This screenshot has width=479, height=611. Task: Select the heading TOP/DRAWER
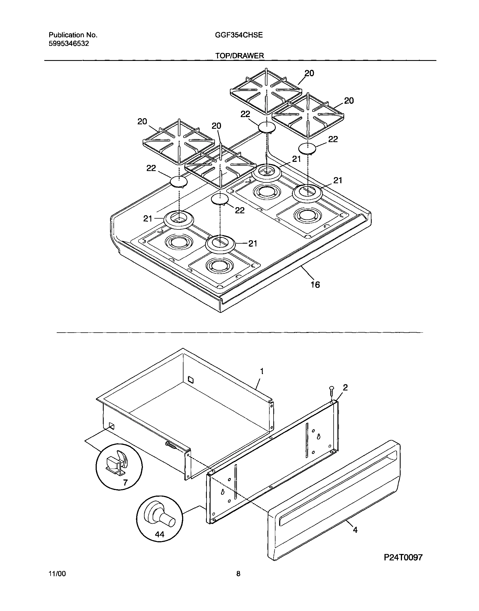pos(240,56)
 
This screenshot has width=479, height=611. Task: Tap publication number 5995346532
pos(69,44)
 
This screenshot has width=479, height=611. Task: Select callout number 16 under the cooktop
pos(315,285)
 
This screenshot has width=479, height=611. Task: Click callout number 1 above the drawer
pos(262,372)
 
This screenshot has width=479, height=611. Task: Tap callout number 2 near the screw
pos(345,387)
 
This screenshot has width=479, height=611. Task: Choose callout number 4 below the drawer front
pos(355,530)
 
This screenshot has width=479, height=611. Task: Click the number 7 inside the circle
pos(125,483)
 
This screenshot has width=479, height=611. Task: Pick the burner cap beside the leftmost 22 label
pos(179,182)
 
